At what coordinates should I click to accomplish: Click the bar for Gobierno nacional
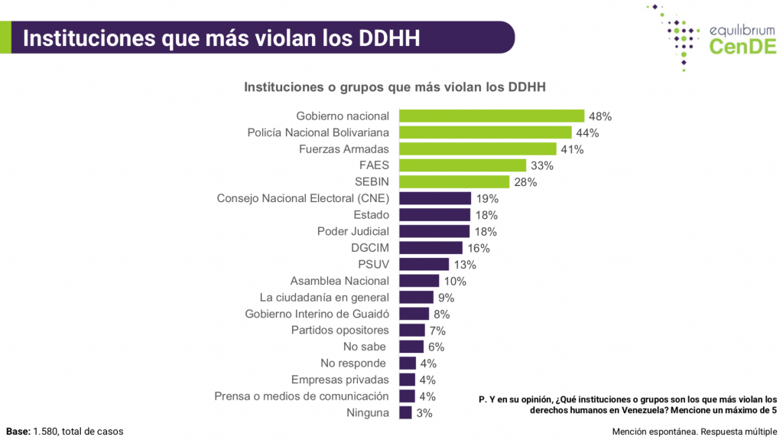tap(492, 116)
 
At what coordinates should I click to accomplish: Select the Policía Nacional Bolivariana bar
tap(486, 132)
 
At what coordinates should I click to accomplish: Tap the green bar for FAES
tap(463, 165)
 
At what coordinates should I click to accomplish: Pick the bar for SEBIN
tap(454, 182)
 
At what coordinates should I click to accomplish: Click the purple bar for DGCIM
tap(430, 248)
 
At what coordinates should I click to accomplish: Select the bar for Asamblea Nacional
tap(419, 281)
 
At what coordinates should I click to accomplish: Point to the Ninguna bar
tap(405, 413)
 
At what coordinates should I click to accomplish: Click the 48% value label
tap(600, 116)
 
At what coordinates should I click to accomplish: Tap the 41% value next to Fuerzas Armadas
tap(571, 149)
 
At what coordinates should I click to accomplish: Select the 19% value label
tap(486, 199)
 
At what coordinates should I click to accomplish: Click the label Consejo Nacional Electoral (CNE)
tap(303, 198)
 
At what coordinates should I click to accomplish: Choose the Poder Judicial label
tap(353, 231)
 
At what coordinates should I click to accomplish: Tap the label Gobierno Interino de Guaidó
tap(317, 314)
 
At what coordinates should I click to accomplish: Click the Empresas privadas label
tap(340, 380)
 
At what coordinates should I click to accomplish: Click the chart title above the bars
tap(395, 87)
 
